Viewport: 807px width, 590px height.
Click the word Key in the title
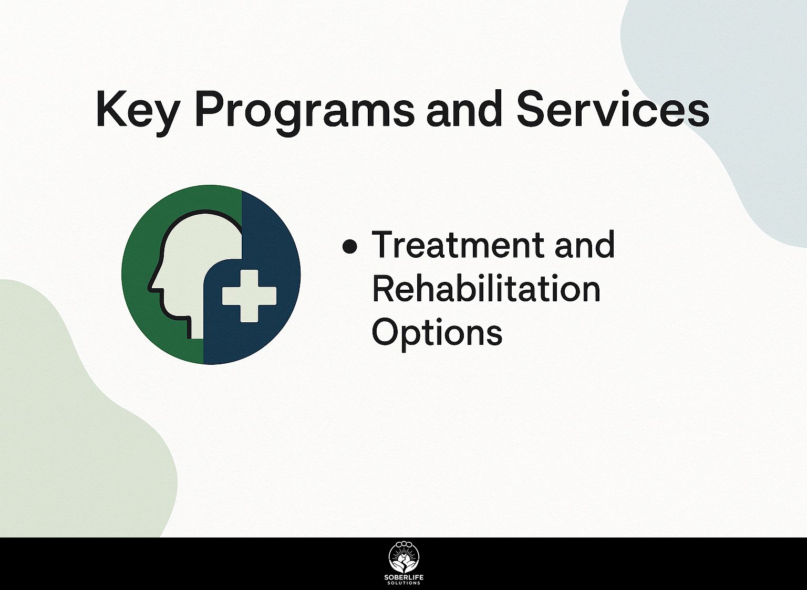click(137, 113)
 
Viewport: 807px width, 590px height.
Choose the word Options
click(437, 333)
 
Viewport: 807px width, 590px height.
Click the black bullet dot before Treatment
click(350, 247)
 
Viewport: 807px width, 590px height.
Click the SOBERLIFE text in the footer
click(403, 578)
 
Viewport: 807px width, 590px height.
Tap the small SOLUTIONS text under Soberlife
click(403, 584)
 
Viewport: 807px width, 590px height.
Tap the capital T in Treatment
click(384, 245)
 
